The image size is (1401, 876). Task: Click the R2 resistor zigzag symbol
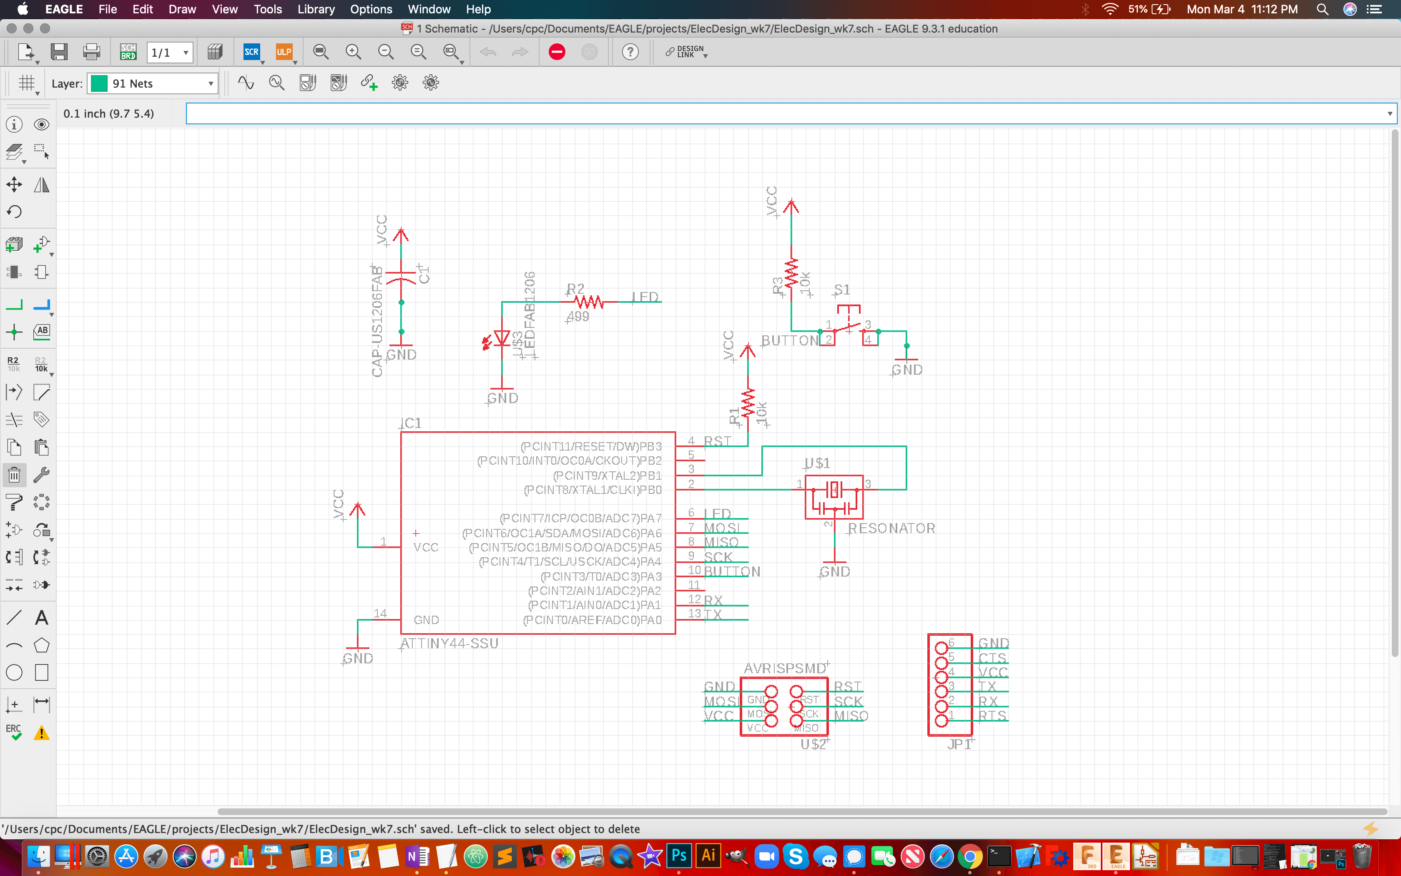(x=589, y=302)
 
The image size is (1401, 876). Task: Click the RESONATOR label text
(x=891, y=529)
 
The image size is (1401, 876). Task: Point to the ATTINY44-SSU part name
(x=449, y=643)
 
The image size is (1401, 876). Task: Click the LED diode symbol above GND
(x=501, y=338)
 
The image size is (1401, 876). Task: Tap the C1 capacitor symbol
(x=401, y=277)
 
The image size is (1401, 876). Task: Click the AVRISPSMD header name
(x=784, y=668)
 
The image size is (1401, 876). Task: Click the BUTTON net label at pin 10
(x=732, y=571)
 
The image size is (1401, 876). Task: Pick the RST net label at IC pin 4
(x=717, y=441)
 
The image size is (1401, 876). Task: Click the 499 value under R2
(x=578, y=316)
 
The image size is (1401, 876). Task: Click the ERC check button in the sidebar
(x=14, y=733)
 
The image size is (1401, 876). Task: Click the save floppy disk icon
(x=59, y=52)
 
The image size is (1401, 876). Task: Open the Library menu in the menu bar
(x=316, y=9)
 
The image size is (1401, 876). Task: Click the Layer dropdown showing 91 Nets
(x=153, y=83)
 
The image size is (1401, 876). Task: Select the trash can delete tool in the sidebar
(x=14, y=475)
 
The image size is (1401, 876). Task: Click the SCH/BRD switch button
(x=128, y=52)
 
